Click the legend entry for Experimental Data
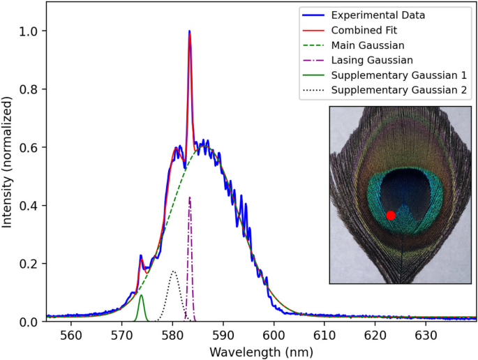(378, 14)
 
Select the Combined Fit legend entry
(367, 29)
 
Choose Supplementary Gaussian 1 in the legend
(398, 75)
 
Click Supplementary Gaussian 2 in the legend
(398, 90)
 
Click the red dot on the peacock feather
(391, 216)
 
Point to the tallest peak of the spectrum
(189, 31)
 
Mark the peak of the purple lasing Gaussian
(190, 197)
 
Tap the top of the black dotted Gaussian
(174, 271)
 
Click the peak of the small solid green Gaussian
(141, 295)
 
